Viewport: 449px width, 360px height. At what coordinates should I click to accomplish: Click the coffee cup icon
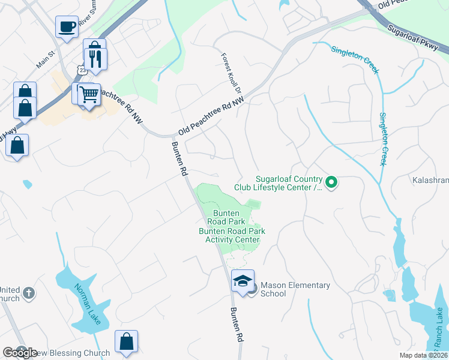(x=67, y=26)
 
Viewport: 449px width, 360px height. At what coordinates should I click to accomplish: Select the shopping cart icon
(x=89, y=93)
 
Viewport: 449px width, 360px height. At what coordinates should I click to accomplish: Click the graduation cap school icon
(x=243, y=281)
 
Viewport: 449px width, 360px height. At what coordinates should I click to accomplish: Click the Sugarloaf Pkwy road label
(x=413, y=38)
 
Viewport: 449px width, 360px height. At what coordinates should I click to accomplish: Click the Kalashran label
(x=430, y=179)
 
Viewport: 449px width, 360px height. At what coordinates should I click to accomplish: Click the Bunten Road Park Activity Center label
(x=232, y=235)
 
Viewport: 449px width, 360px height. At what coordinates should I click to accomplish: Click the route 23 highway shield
(x=81, y=70)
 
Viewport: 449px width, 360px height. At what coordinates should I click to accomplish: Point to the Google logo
(x=20, y=353)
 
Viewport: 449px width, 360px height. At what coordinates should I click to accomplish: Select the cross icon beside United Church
(x=29, y=294)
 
